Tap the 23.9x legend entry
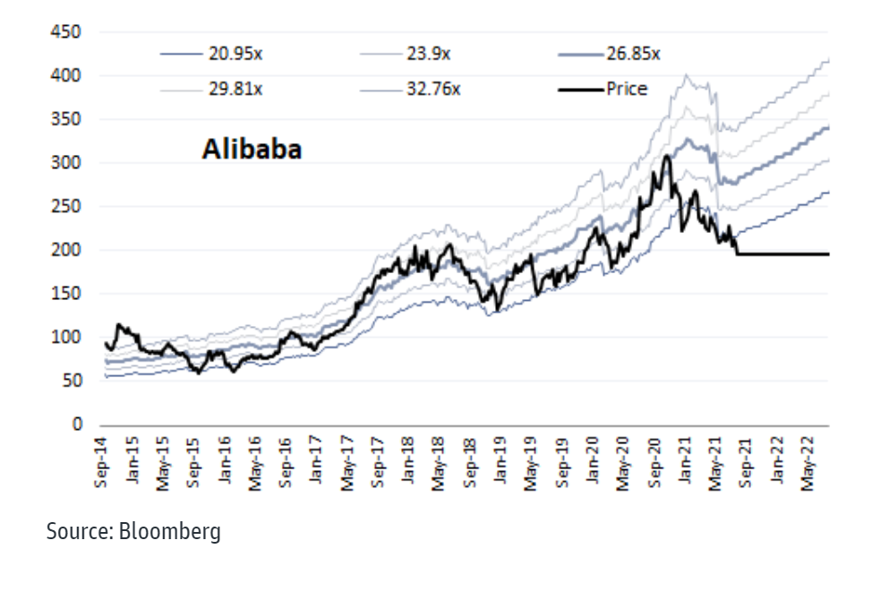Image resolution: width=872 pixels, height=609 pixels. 429,54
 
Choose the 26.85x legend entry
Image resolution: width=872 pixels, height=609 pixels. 633,54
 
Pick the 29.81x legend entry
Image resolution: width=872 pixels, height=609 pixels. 235,89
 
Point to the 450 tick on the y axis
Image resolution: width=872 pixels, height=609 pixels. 69,33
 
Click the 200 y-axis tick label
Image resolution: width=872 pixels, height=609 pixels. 69,251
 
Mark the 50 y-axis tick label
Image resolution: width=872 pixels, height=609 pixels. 73,382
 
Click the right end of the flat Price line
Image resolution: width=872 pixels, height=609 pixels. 828,254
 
